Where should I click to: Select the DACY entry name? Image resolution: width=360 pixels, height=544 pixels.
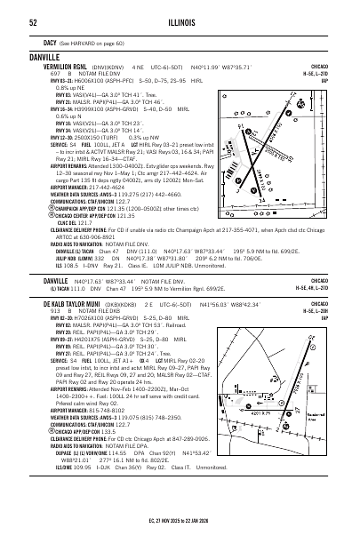[52, 43]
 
